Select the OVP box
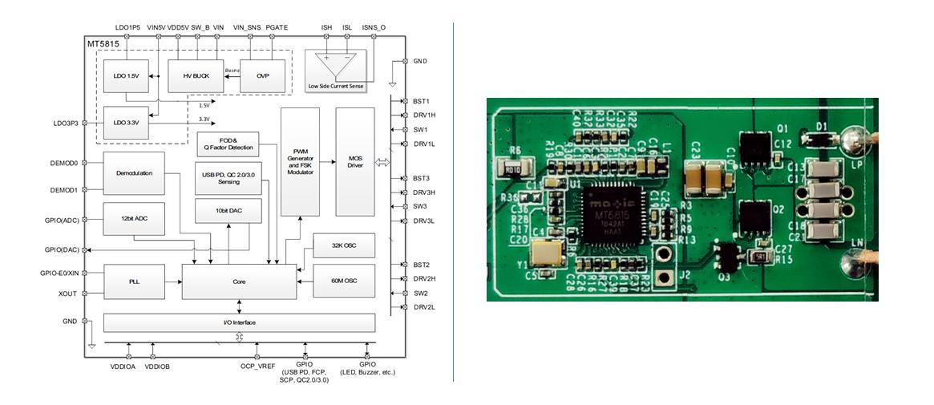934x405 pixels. [x=263, y=76]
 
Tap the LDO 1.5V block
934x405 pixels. [x=126, y=76]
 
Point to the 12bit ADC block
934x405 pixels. [x=134, y=219]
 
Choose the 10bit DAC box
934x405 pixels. [x=228, y=209]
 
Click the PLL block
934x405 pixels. [x=134, y=281]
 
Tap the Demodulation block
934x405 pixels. [x=134, y=172]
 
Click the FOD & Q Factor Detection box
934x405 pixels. [x=228, y=144]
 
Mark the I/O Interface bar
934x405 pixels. [x=239, y=322]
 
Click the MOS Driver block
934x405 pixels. [x=355, y=161]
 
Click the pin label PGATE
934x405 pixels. [x=277, y=27]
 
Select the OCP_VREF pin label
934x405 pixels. [x=257, y=367]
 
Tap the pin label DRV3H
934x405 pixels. [x=424, y=192]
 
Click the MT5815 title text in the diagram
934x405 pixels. [x=105, y=43]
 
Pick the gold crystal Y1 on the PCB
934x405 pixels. [x=550, y=256]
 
